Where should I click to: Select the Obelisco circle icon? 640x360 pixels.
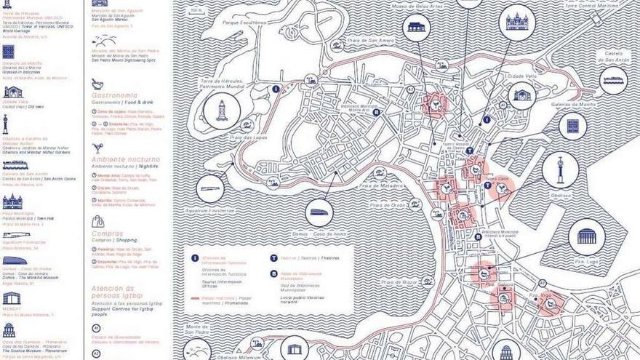point(561,169)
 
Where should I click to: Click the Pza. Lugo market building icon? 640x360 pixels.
point(586,236)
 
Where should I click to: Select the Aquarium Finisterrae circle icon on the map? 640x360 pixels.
point(211,189)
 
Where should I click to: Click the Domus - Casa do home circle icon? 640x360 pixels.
point(319,213)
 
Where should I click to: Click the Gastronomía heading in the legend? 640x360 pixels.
point(114,95)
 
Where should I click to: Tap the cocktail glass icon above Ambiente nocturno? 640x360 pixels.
point(97,148)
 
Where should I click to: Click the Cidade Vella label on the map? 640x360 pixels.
point(521,76)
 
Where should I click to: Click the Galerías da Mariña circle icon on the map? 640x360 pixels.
point(572,126)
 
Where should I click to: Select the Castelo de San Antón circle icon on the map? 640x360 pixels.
point(614,81)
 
